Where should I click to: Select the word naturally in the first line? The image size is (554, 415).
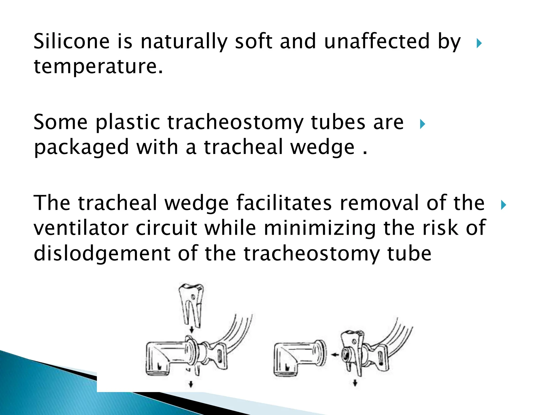tap(184, 42)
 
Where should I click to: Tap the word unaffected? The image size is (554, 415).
tap(377, 41)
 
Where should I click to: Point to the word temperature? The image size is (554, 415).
tap(98, 67)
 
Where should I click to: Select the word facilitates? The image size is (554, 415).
tap(284, 203)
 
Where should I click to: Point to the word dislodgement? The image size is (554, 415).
tap(102, 254)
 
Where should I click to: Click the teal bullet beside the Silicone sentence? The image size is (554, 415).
tap(479, 43)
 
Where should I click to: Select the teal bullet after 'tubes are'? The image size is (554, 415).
tap(422, 124)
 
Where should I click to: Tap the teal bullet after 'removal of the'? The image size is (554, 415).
tap(503, 205)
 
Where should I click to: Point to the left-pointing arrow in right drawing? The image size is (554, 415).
tap(335, 355)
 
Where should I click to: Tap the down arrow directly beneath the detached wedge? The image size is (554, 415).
tap(192, 330)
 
